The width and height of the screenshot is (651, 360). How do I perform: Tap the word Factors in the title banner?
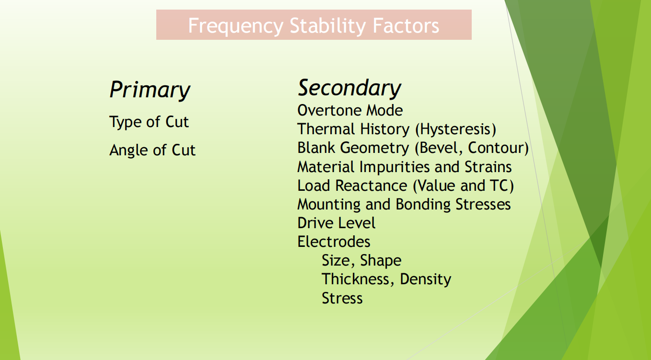[406, 25]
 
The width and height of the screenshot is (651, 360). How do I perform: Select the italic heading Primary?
[150, 90]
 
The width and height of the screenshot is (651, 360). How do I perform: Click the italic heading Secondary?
[349, 88]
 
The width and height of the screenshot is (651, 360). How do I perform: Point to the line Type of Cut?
[149, 122]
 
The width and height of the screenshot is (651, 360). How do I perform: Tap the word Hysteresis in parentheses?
[455, 129]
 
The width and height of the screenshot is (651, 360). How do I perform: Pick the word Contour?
[498, 148]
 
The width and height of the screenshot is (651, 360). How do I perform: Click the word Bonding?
[423, 205]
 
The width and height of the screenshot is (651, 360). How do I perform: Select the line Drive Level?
[336, 223]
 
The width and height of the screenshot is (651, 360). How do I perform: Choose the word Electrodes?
[334, 242]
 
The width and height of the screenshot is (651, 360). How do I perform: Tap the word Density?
[426, 279]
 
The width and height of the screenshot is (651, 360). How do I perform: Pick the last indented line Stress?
[342, 298]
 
